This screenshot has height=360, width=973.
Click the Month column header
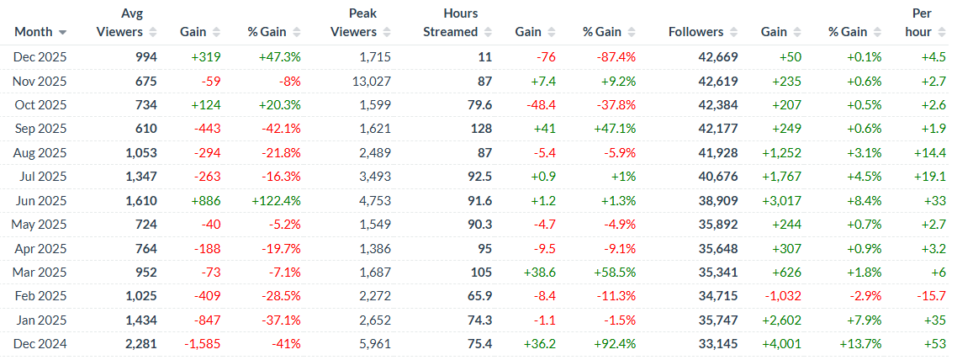(x=34, y=32)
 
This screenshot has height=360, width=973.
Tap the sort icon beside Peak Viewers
(x=388, y=32)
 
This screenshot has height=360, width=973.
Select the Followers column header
(x=695, y=32)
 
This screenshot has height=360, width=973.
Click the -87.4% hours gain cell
(x=613, y=56)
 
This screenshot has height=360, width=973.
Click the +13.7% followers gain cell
(x=859, y=344)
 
